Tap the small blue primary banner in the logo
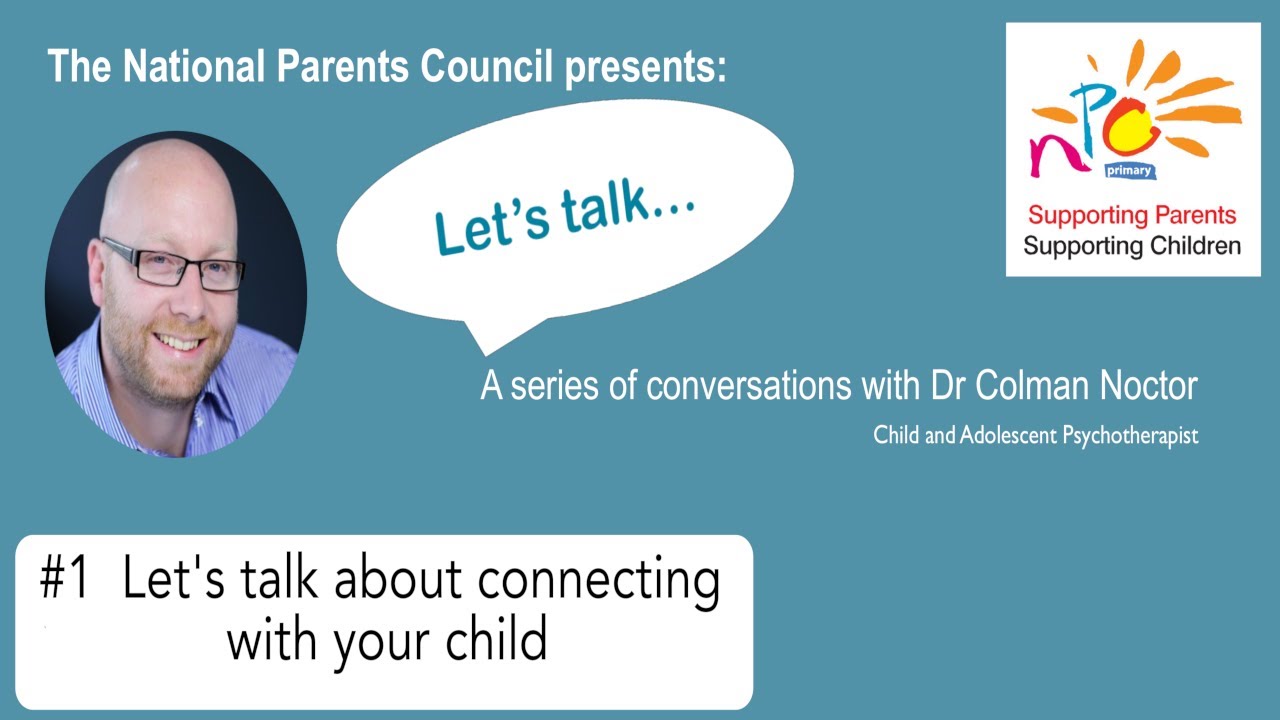tap(1130, 172)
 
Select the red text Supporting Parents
tap(1132, 215)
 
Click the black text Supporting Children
tap(1132, 245)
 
